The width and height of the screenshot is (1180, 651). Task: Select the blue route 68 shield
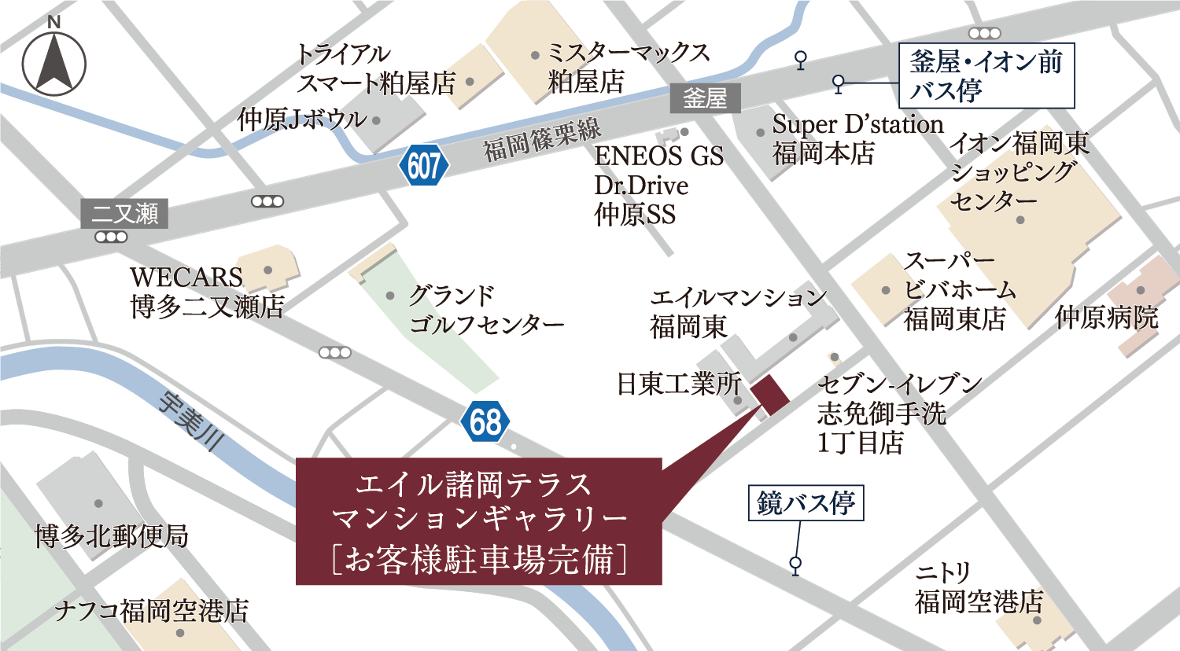(485, 421)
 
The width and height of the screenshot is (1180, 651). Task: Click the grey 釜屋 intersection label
(705, 98)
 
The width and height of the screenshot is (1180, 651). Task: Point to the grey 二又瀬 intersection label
(124, 213)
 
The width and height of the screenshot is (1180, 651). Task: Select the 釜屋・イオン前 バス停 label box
(986, 75)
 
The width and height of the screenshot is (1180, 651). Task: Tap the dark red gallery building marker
(770, 394)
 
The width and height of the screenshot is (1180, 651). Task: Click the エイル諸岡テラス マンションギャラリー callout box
(478, 521)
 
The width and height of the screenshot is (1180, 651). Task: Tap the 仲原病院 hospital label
(1106, 318)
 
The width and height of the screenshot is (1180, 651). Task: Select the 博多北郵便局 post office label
(112, 536)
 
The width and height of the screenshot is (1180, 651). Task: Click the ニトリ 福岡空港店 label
(979, 587)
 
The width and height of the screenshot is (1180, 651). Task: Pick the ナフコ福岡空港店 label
(151, 611)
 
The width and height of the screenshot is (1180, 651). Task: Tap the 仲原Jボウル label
(302, 120)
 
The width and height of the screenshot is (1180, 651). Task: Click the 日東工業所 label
(678, 384)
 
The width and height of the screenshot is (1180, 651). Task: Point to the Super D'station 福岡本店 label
(857, 138)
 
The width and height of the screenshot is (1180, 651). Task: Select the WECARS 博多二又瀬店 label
(206, 292)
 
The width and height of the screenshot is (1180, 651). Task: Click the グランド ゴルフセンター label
(486, 310)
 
